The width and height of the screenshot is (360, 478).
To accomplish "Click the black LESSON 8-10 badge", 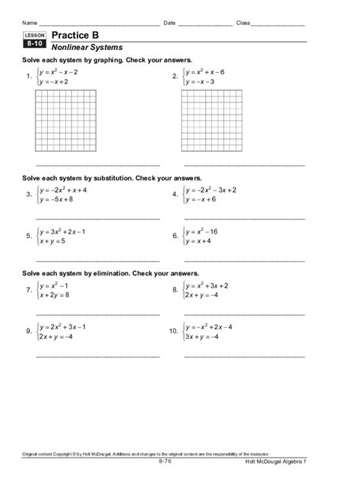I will (34, 40).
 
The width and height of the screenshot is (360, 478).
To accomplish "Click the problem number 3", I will (28, 194).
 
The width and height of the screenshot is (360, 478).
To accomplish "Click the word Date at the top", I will (169, 23).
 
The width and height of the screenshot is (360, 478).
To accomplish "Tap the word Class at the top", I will (244, 23).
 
